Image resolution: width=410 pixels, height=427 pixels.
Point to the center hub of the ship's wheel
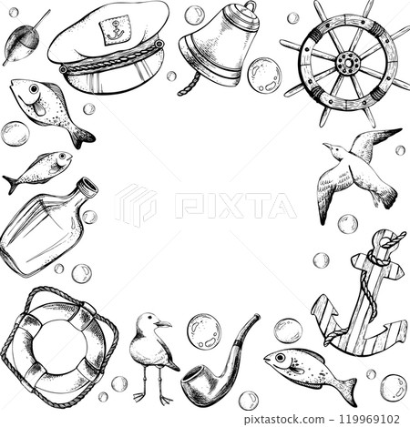click(x=347, y=63)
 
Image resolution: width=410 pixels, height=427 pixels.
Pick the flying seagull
click(x=359, y=172)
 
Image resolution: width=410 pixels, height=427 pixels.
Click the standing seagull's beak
click(x=164, y=323)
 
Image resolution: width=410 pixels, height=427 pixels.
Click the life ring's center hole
click(x=60, y=346)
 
